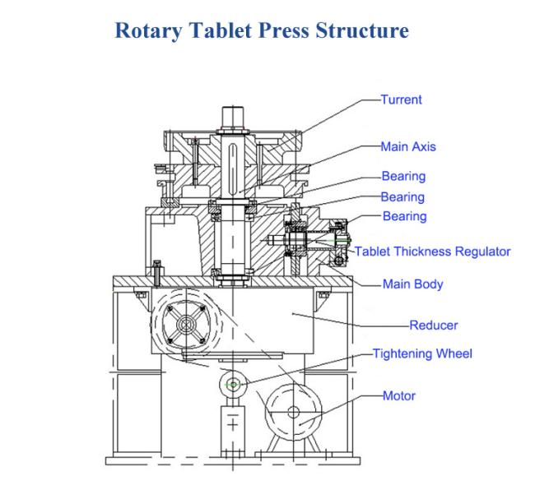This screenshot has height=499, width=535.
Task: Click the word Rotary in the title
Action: (x=149, y=30)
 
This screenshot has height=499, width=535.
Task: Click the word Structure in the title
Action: (x=362, y=30)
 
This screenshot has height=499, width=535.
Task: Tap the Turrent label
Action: (x=402, y=99)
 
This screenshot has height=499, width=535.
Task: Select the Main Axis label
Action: (x=408, y=146)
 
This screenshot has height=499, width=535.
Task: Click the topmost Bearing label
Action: (x=403, y=176)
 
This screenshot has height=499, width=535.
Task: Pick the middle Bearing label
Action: (x=402, y=197)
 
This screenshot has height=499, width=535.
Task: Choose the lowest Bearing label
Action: (x=405, y=216)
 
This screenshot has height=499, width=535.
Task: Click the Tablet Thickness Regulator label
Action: (x=433, y=252)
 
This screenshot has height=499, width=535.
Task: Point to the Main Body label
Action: (x=413, y=284)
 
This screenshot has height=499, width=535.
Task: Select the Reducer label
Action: (x=433, y=326)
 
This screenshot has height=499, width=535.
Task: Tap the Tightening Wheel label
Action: (x=422, y=353)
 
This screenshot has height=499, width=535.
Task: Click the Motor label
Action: (x=399, y=395)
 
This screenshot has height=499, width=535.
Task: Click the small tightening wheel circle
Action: (x=233, y=385)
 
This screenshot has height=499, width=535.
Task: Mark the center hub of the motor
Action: (x=294, y=412)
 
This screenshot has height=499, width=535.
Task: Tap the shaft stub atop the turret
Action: (x=233, y=118)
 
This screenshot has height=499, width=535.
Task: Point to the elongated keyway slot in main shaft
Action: (x=233, y=169)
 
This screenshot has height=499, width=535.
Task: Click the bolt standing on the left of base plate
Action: (x=157, y=272)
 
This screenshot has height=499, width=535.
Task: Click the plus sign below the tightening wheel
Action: (x=233, y=425)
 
